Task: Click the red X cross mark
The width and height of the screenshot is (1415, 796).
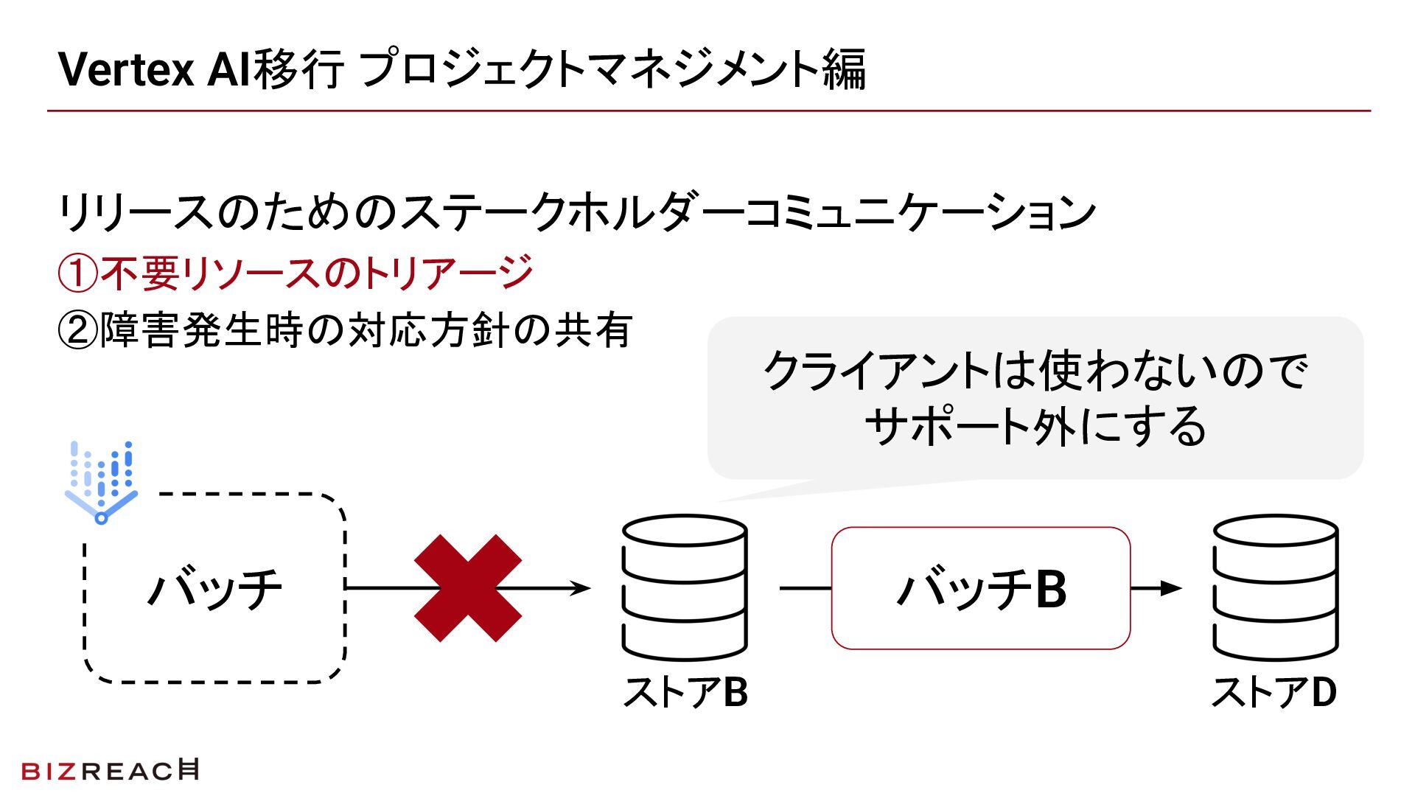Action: click(468, 588)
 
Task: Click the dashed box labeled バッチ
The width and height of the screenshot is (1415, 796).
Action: click(214, 588)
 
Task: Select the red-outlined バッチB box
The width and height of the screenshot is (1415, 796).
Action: click(980, 588)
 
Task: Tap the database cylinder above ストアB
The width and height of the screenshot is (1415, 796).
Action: click(685, 587)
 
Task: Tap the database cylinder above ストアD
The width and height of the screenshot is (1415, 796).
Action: click(1275, 587)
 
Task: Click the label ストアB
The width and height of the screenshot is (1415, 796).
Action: click(685, 692)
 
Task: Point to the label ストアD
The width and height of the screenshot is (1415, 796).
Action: click(1274, 692)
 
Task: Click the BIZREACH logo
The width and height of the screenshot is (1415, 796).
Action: click(110, 770)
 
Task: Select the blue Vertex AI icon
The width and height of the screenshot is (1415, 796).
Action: click(101, 482)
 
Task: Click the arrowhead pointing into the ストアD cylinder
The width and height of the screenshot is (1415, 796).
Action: click(1171, 588)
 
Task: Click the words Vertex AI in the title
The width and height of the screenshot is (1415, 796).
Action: click(155, 69)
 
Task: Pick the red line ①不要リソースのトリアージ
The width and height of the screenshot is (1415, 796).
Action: click(296, 273)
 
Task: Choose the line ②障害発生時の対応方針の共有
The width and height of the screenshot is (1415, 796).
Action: click(345, 329)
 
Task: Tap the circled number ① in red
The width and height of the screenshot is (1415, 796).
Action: click(77, 273)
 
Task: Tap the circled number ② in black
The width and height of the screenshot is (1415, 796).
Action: click(77, 330)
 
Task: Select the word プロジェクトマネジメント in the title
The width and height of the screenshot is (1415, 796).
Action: click(590, 69)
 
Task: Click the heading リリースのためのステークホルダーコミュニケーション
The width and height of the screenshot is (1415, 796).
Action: click(576, 212)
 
